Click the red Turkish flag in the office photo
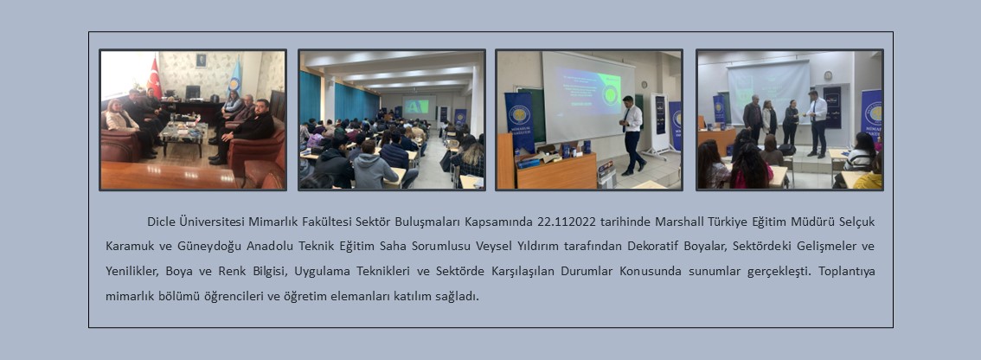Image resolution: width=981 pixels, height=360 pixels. pos(154,79)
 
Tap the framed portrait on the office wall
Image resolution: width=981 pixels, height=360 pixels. pos(201,60)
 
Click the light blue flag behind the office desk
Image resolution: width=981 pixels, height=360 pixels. pos(235,78)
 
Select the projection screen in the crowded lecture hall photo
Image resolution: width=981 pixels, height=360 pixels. pos(420,106)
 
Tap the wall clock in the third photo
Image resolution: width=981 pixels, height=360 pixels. pos(644,85)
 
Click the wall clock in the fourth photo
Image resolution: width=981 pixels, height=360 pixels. pos(829,76)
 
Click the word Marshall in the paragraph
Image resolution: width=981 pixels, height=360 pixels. pos(679,222)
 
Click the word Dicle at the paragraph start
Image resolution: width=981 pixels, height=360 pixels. pos(161,222)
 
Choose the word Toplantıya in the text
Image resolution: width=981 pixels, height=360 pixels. pos(846,271)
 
